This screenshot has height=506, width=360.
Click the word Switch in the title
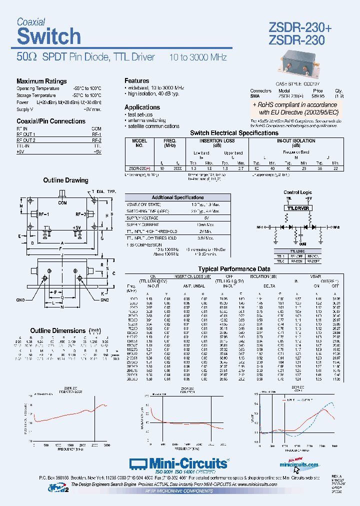click(48, 36)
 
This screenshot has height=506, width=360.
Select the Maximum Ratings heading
click(41, 81)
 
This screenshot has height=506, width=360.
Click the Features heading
click(136, 80)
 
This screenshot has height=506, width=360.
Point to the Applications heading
click(142, 107)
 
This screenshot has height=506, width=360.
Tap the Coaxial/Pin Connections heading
click(51, 121)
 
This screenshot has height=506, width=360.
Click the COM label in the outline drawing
click(62, 203)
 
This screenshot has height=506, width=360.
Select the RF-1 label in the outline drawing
click(43, 214)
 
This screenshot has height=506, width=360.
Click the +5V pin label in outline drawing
click(76, 227)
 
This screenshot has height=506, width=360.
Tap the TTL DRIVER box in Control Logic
click(297, 207)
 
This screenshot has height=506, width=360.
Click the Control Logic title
click(297, 192)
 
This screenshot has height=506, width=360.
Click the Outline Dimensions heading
click(58, 330)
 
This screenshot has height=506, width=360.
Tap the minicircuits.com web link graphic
click(299, 464)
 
